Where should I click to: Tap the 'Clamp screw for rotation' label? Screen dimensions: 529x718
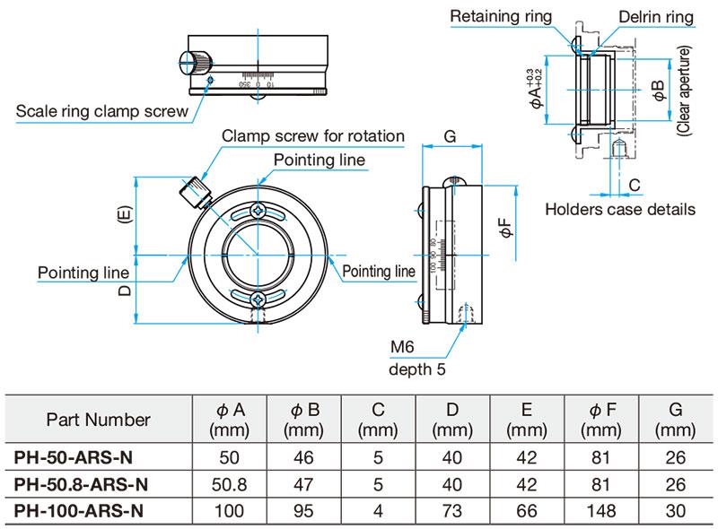coord(313,136)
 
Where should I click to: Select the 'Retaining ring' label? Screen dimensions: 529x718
coord(502,16)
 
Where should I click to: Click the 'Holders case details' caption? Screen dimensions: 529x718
coord(620,209)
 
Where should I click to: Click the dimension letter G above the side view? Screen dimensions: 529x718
coord(451,137)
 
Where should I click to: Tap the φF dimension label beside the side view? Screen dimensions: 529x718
coord(508,230)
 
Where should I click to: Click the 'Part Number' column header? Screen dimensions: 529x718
coord(98,419)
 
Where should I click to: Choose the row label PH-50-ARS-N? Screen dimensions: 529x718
coord(74,457)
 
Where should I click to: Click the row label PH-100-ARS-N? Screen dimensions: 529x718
coord(79,511)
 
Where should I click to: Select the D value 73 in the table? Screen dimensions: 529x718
coord(452,511)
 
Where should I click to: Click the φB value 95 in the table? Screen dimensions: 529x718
coord(305,511)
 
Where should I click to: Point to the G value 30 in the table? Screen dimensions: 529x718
coord(675,511)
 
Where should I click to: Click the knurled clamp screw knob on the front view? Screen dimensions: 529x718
coord(196,190)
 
